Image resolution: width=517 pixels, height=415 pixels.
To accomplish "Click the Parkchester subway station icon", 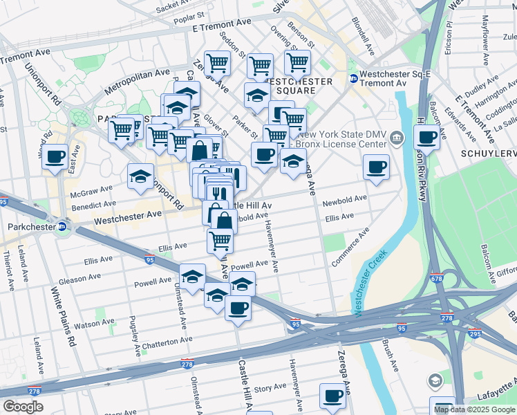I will tap(63, 226).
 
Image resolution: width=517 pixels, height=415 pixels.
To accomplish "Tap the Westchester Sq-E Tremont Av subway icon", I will tap(353, 79).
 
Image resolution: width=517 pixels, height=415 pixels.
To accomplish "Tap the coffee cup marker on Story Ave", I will tap(332, 396).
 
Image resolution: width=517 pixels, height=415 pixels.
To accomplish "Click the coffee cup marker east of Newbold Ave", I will tap(376, 167).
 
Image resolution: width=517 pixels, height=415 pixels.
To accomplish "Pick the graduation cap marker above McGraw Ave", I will tap(140, 176).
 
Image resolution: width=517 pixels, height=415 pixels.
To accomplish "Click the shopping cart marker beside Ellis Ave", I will tap(220, 241).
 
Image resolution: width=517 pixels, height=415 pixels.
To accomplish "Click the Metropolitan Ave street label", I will tap(137, 82).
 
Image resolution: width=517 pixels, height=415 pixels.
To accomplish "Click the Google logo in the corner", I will tap(23, 407).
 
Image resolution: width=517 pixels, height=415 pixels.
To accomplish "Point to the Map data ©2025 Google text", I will tap(474, 409).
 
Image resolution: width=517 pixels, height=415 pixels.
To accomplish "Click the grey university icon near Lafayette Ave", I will tap(435, 380).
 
